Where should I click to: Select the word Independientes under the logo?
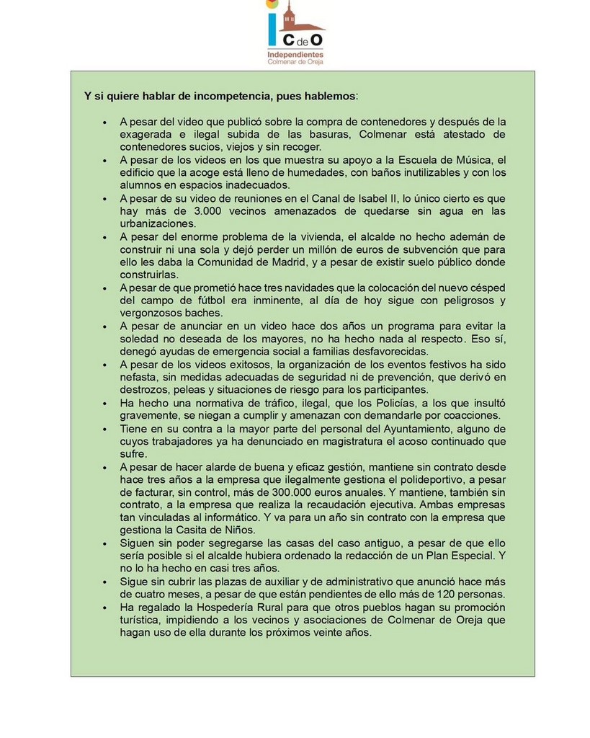point(295,54)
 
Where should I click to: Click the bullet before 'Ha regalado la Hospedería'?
point(105,608)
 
